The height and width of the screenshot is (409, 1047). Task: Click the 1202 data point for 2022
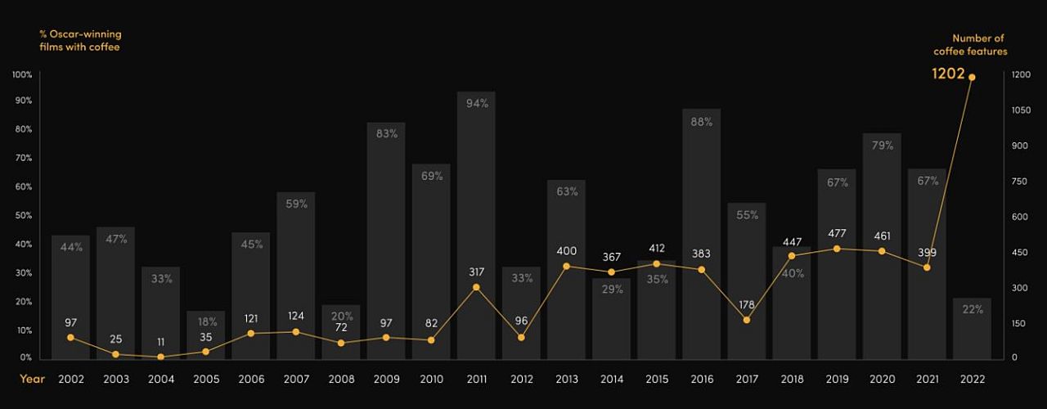pos(972,78)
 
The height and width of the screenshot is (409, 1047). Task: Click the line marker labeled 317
pos(477,287)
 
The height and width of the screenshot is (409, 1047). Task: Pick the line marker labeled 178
pos(747,320)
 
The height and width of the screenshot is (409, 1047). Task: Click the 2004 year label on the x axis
pos(161,380)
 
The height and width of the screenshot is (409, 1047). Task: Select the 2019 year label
pos(837,380)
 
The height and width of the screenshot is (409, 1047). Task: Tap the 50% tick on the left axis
pos(23,216)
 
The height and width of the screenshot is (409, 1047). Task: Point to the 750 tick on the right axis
pos(1019,182)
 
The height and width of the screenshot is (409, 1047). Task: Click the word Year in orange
pos(33,380)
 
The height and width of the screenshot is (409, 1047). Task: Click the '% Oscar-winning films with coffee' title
pos(80,41)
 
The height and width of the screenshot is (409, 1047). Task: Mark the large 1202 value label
pos(948,74)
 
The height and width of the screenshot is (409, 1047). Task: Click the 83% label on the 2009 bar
pos(387,133)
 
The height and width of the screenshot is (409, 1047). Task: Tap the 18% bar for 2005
pos(206,335)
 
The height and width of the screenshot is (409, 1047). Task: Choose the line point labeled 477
pos(837,249)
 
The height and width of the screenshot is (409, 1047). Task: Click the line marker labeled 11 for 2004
pos(161,357)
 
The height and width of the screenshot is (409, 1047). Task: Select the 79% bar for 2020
pos(882,245)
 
